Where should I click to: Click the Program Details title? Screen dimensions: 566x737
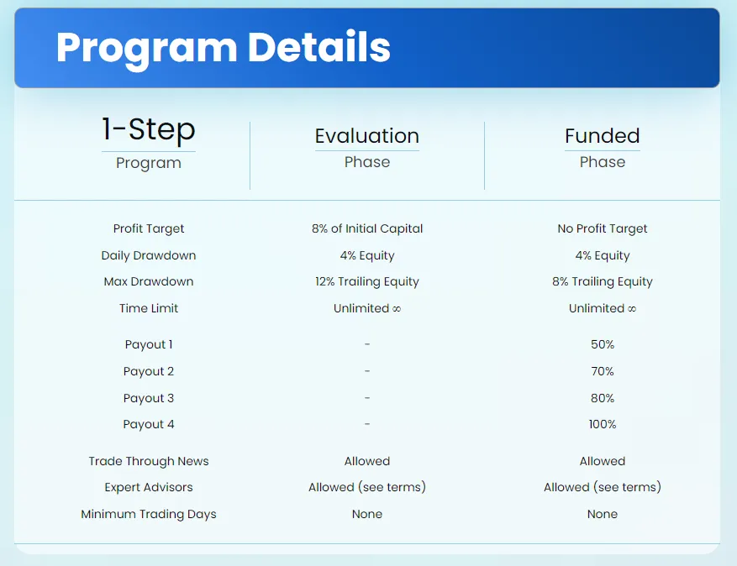point(223,48)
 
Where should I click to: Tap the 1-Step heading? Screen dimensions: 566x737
point(149,129)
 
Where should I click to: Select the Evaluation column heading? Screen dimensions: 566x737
point(367,136)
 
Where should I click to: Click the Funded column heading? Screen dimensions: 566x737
point(603,136)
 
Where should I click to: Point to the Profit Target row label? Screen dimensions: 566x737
point(149,228)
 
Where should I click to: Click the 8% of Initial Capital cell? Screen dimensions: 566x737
point(367,228)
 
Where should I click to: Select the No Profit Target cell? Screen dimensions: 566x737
point(603,228)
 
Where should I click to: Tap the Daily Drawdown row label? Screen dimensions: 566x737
point(149,255)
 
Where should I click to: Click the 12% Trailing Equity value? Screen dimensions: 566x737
point(367,281)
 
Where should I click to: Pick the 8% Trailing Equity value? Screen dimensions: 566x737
point(603,281)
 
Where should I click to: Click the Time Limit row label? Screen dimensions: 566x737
point(149,308)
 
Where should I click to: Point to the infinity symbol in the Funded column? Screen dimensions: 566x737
point(631,309)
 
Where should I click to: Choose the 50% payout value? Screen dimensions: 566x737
point(603,344)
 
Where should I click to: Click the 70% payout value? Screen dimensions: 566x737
point(603,371)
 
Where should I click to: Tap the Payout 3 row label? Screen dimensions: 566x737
point(149,398)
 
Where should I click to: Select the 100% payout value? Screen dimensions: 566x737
point(603,424)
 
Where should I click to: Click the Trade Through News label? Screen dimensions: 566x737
point(149,461)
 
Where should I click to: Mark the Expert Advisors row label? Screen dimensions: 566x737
point(149,487)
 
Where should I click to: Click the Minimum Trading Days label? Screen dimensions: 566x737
point(149,514)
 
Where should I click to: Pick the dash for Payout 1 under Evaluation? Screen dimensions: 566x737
point(367,344)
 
